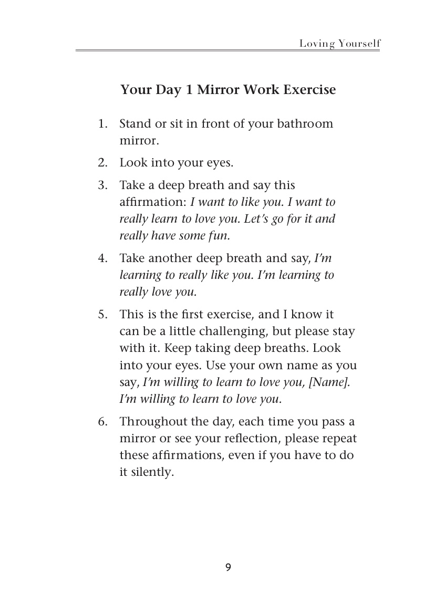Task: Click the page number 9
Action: [x=227, y=567]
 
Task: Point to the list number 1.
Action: [x=102, y=124]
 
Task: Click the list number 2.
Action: [x=102, y=163]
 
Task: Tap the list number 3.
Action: [x=102, y=185]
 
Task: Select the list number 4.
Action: [x=102, y=258]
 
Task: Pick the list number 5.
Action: [x=102, y=315]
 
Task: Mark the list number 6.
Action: [x=102, y=422]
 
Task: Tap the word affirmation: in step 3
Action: [x=153, y=202]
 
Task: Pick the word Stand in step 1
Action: [x=134, y=124]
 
